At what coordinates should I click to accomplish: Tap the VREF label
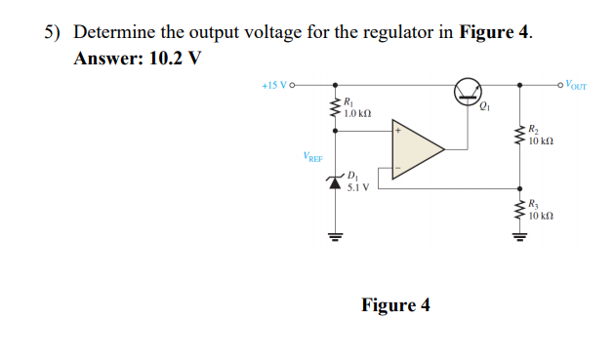tap(314, 156)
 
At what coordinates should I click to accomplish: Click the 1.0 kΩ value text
tap(359, 115)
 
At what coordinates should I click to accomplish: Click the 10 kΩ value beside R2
tap(541, 142)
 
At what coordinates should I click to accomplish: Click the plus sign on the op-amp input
tap(398, 129)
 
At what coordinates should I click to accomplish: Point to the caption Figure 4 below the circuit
tap(395, 305)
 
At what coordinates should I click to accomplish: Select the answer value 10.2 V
tap(175, 57)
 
